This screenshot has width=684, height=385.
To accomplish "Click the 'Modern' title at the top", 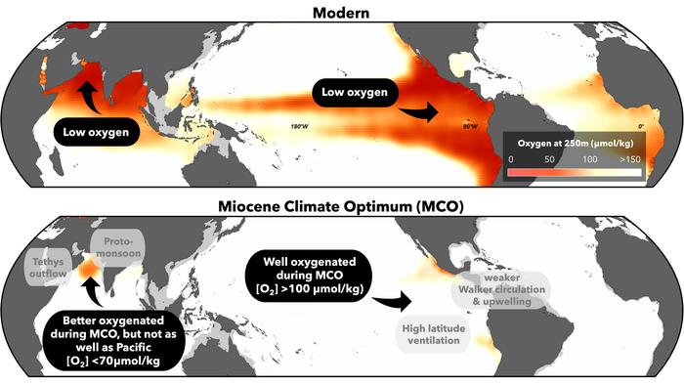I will (341, 11).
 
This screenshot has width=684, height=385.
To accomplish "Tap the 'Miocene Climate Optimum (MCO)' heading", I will (341, 205).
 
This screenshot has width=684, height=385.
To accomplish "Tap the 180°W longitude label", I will (300, 126).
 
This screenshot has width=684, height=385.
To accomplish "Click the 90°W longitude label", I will (469, 126).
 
